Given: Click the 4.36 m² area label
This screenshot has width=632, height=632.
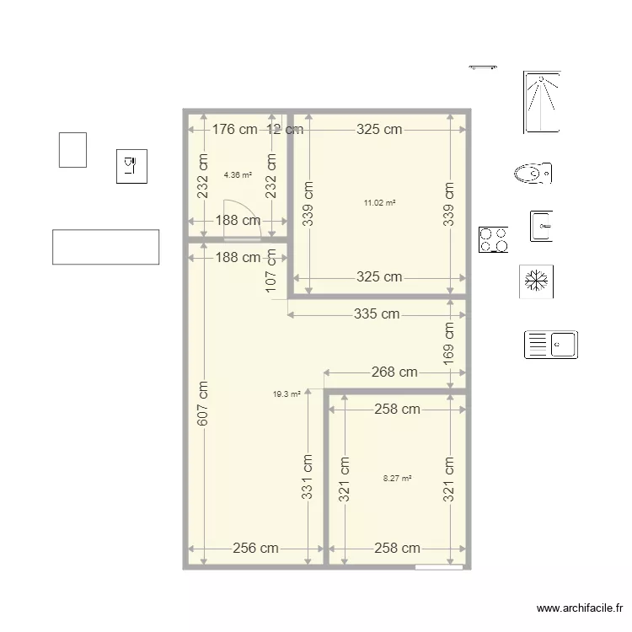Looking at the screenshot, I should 238,175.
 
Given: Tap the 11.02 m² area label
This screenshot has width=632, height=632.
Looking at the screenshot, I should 379,203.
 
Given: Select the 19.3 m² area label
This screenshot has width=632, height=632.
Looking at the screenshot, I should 287,393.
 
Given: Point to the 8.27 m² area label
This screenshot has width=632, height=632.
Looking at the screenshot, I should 397,478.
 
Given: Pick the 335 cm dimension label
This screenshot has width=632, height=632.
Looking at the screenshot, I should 377,314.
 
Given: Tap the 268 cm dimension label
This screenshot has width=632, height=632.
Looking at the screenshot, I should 395,372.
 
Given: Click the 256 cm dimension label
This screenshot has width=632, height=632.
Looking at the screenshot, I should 255,548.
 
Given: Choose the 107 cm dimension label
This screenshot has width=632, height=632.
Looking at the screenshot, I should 271,270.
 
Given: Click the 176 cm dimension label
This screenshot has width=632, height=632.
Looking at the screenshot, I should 234,130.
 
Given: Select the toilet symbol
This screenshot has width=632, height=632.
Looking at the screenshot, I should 533,174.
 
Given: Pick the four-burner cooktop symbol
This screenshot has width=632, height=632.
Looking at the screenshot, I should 494,240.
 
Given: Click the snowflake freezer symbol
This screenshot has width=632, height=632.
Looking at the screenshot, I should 535,281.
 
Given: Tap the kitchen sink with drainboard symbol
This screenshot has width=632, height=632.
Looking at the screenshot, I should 550,345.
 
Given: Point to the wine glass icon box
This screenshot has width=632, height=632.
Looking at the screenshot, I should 131,165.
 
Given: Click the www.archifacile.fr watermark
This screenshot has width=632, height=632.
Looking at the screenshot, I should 580,608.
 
